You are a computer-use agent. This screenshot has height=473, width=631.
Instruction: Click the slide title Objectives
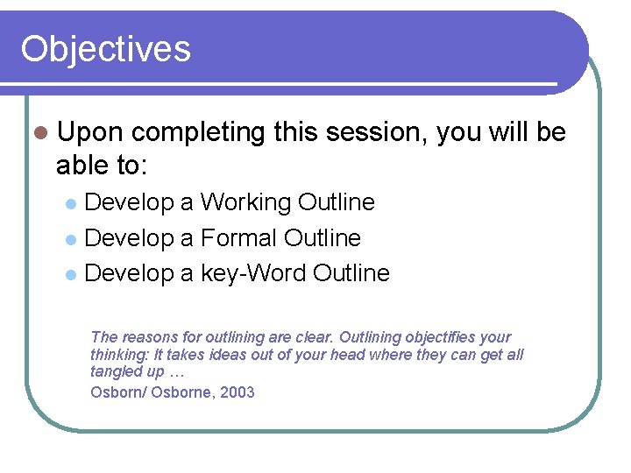[x=105, y=48]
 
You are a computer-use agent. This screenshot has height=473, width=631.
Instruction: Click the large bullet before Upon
[x=39, y=133]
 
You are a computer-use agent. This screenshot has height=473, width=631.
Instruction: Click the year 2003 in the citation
[x=238, y=392]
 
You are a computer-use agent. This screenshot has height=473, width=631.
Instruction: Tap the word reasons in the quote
[x=148, y=337]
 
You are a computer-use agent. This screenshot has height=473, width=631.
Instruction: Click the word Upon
[x=90, y=133]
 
